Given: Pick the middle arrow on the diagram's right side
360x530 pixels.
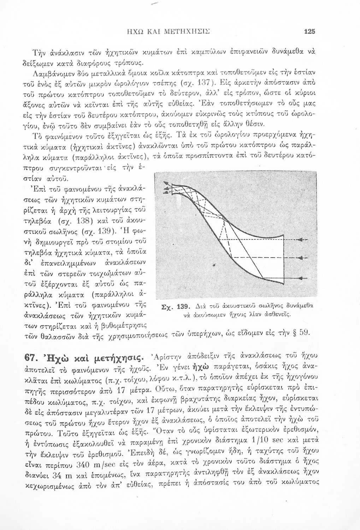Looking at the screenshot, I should coord(302,258).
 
